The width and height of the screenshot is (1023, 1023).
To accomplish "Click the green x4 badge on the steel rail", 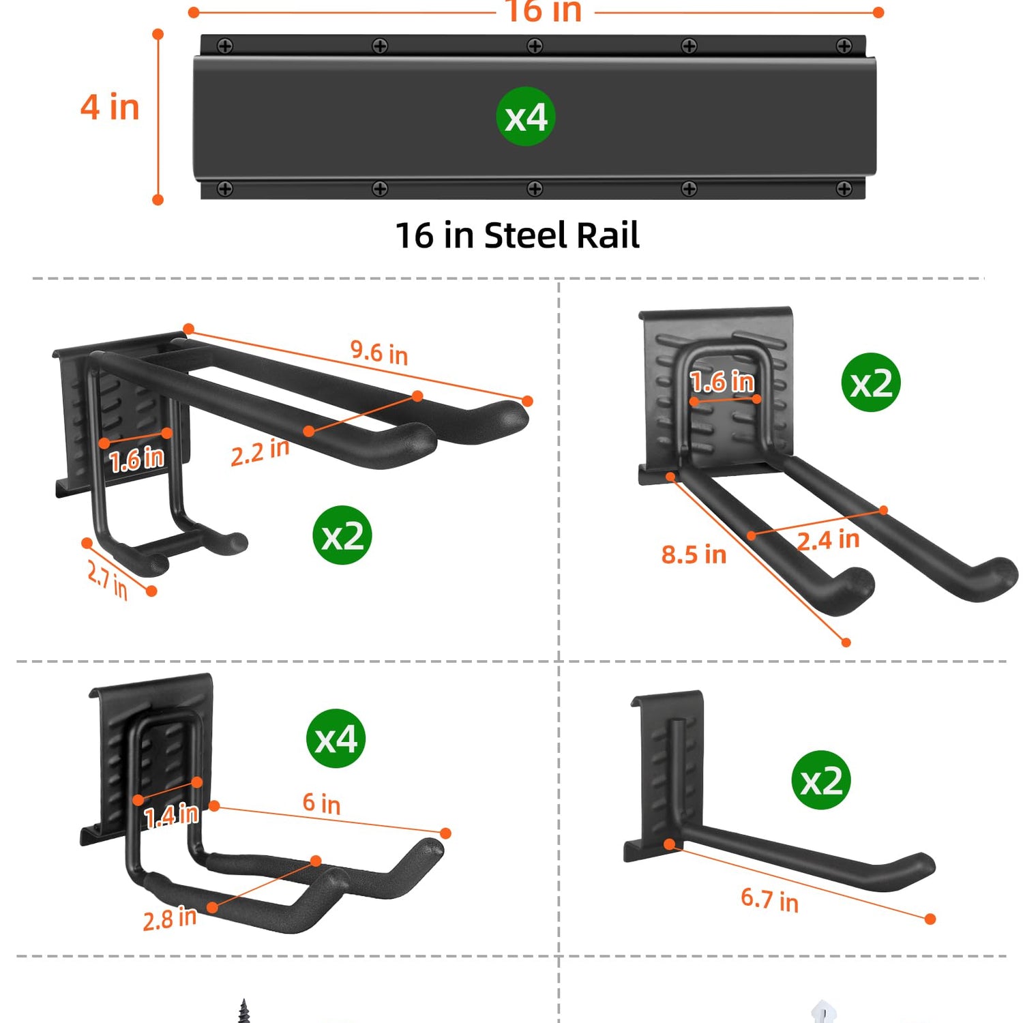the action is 525,117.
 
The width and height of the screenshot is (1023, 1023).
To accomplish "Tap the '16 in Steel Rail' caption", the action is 517,235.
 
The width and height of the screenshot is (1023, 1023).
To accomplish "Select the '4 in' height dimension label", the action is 110,107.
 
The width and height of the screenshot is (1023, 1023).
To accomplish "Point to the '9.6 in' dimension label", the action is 379,352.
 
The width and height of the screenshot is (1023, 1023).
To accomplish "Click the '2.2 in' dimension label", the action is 260,452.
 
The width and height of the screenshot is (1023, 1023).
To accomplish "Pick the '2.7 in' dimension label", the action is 108,578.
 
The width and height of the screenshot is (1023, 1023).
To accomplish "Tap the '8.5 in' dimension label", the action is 694,554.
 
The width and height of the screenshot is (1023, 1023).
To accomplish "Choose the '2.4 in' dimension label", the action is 828,540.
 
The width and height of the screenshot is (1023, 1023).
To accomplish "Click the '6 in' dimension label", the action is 321,803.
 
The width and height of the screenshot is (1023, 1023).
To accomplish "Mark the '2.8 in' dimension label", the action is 170,919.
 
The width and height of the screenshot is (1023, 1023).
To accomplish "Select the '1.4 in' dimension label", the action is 171,815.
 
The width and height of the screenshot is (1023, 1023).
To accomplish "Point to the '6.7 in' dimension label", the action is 769,900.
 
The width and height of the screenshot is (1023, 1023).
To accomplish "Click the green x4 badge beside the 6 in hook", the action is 336,739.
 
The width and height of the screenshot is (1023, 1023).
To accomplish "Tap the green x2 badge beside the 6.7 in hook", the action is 821,780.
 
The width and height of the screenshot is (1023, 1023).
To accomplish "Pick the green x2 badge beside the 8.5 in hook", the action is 871,383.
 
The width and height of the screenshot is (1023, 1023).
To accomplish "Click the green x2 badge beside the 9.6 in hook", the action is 342,535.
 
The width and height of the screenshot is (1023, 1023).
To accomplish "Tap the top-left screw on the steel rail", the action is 225,46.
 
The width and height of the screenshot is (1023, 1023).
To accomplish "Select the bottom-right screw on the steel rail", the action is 844,189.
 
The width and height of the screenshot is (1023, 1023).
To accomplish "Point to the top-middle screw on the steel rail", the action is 535,46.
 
